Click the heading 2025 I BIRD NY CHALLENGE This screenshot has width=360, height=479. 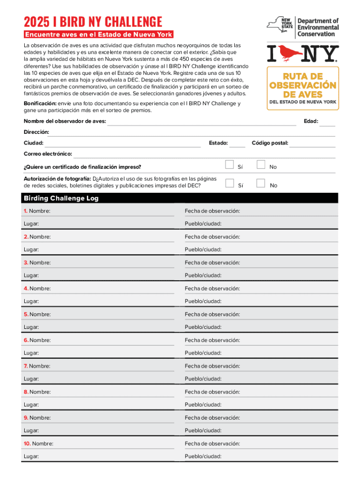(x=93, y=22)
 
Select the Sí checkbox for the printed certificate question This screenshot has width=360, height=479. (x=229, y=165)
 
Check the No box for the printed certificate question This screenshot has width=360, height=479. (x=261, y=165)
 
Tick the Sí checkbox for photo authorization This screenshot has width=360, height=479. (x=229, y=183)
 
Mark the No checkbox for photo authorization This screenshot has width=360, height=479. (x=261, y=183)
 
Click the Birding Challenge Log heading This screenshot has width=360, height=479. (x=61, y=198)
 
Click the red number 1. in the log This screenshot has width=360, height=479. (x=26, y=211)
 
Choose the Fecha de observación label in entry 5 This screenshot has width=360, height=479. (x=212, y=314)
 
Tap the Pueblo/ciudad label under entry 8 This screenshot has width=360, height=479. (x=203, y=404)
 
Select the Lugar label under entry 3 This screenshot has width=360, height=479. (x=31, y=276)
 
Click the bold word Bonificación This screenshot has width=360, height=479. (x=40, y=103)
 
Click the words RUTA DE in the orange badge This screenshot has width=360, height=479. (x=302, y=76)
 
